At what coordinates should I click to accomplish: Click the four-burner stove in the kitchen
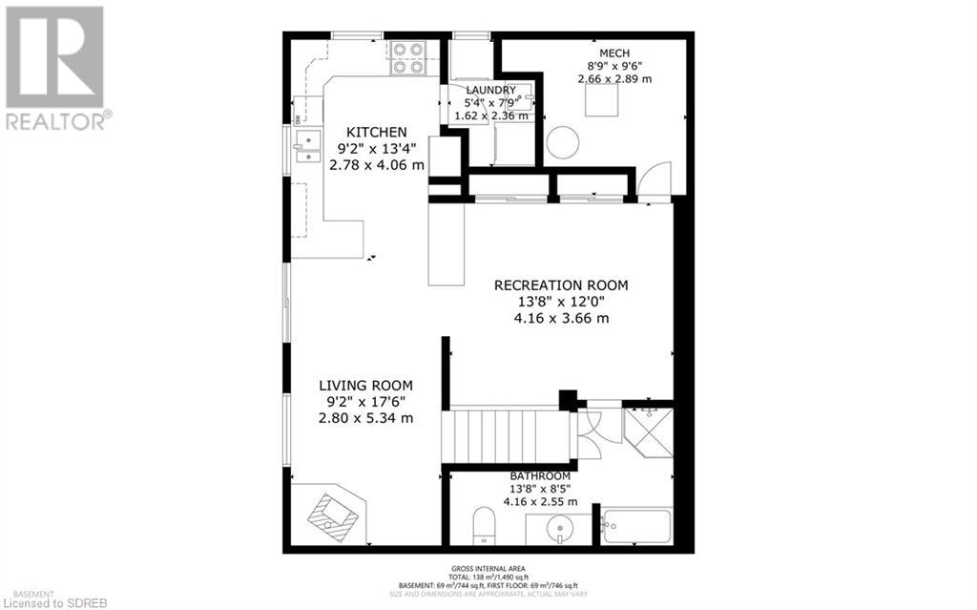[409, 57]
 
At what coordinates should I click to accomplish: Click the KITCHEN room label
[377, 132]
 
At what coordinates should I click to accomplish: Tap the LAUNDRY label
[490, 90]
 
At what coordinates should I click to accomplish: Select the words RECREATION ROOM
[561, 284]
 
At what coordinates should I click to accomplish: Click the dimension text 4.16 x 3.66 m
[561, 319]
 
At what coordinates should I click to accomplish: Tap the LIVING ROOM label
[365, 385]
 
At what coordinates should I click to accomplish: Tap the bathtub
[636, 526]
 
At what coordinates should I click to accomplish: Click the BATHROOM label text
[540, 476]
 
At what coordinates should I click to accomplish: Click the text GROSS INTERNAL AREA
[488, 569]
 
